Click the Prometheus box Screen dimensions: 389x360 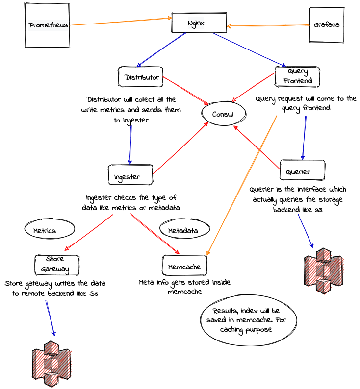pyautogui.click(x=47, y=25)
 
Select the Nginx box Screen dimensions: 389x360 pyautogui.click(x=199, y=23)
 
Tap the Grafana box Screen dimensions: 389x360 pyautogui.click(x=327, y=24)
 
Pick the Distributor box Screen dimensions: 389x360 pyautogui.click(x=141, y=77)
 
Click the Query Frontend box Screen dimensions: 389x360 pyautogui.click(x=298, y=76)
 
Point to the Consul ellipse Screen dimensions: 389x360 pyautogui.click(x=223, y=114)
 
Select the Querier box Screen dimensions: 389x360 pyautogui.click(x=302, y=170)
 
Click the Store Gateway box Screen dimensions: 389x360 pyautogui.click(x=56, y=265)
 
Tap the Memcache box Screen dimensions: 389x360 pyautogui.click(x=184, y=265)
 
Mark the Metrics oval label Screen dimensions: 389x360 pyautogui.click(x=49, y=229)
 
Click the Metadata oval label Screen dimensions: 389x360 pyautogui.click(x=184, y=229)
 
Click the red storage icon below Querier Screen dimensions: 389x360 pyautogui.click(x=324, y=272)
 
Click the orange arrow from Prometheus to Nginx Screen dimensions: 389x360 pyautogui.click(x=120, y=22)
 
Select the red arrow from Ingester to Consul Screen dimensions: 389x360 pyautogui.click(x=180, y=148)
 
